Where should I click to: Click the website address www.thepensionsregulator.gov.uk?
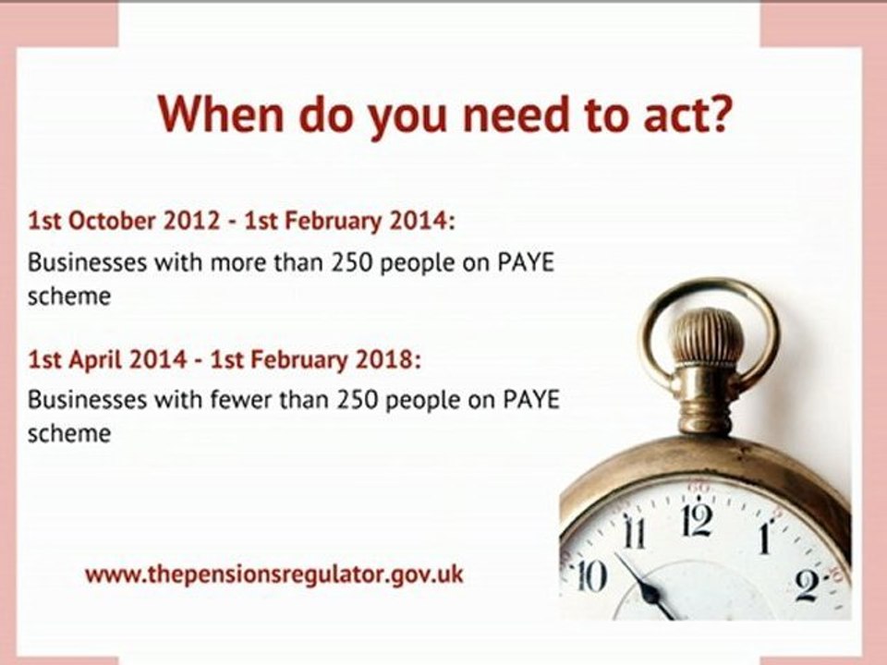[273, 574]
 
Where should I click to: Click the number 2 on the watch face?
[806, 585]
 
